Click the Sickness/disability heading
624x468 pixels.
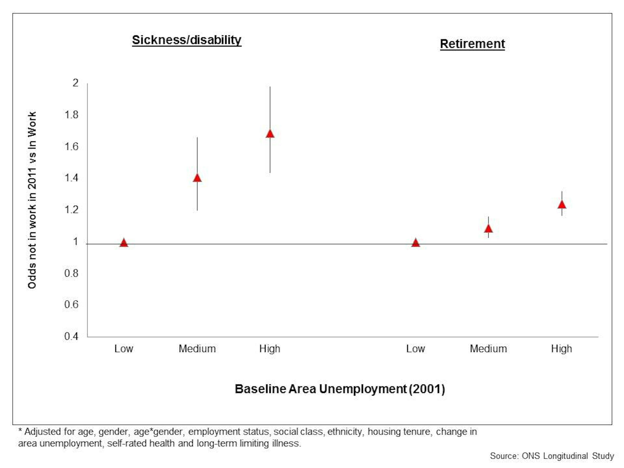tap(187, 40)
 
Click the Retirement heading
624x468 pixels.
tap(472, 44)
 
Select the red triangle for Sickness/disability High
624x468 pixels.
tap(270, 134)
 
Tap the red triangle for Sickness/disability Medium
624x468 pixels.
tap(197, 178)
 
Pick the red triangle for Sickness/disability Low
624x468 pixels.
tap(124, 243)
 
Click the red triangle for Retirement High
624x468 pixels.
tap(562, 204)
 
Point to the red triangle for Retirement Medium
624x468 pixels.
tap(488, 229)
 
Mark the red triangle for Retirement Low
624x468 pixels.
tap(416, 243)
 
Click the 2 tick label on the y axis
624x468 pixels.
tap(75, 83)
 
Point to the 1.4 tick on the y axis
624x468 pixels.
tap(71, 178)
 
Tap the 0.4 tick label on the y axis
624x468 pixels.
tap(71, 336)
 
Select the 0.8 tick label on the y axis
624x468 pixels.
tap(71, 273)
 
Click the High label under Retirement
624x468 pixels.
tap(561, 349)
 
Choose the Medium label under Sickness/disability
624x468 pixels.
tap(197, 349)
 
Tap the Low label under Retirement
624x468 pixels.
tap(415, 349)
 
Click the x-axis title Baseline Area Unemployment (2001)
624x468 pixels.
tap(340, 389)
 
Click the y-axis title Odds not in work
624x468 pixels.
tap(32, 200)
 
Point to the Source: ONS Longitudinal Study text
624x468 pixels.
tap(552, 456)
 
